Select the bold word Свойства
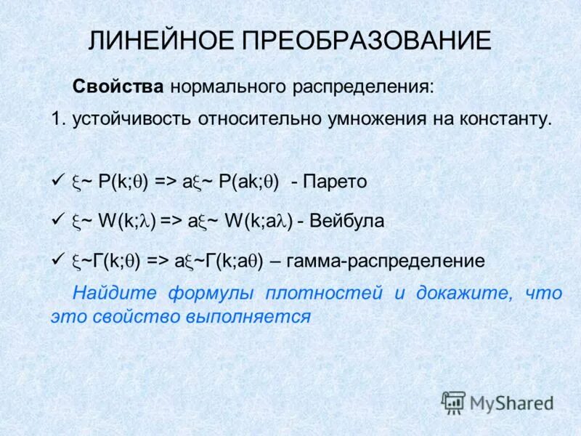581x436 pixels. (x=118, y=87)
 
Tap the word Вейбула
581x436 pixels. (x=346, y=221)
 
